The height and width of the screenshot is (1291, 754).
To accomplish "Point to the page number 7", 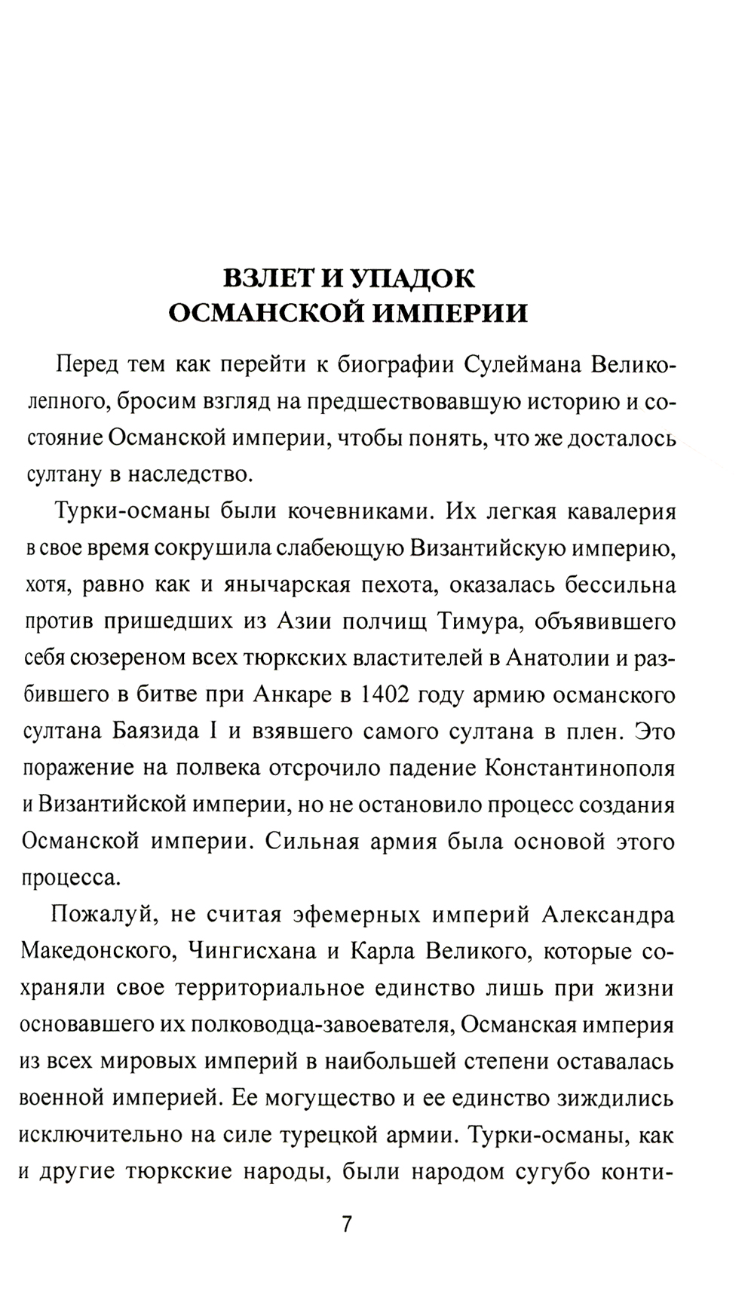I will click(347, 1224).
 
